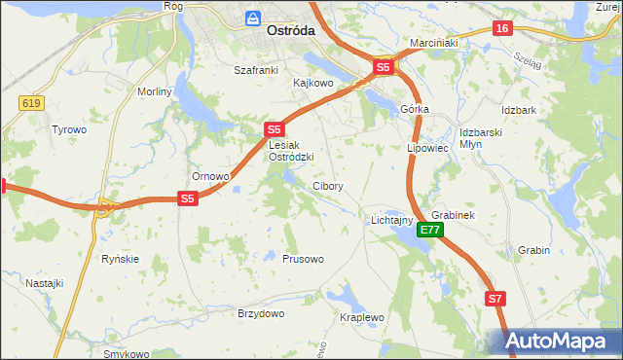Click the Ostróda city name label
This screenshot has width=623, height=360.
click(290, 31)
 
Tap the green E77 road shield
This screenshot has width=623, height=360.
click(431, 231)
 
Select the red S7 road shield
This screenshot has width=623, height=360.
click(495, 300)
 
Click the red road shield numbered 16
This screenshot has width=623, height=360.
click(502, 29)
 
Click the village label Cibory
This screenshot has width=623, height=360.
click(327, 186)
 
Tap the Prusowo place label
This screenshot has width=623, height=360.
click(303, 260)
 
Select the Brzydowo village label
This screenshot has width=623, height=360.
click(261, 313)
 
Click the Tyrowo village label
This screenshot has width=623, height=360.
click(69, 129)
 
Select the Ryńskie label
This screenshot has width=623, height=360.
click(121, 259)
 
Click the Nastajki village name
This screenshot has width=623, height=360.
click(45, 283)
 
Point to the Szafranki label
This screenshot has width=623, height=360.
click(256, 70)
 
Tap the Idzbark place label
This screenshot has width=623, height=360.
click(519, 110)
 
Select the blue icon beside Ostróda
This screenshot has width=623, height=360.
click(253, 18)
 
